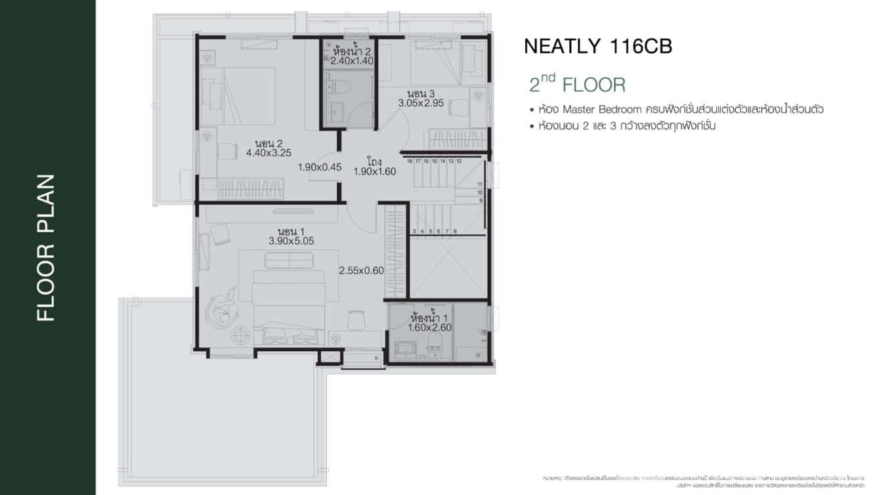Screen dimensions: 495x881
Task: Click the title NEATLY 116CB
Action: click(x=597, y=47)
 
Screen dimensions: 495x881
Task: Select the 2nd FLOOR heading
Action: click(x=577, y=85)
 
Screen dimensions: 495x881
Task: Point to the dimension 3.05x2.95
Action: click(x=421, y=103)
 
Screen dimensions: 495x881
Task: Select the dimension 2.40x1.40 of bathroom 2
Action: click(x=352, y=60)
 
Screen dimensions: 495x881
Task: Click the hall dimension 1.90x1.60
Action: click(x=376, y=171)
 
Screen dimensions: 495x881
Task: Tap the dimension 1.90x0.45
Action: click(x=320, y=167)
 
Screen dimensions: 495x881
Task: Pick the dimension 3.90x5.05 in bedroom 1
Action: click(x=291, y=241)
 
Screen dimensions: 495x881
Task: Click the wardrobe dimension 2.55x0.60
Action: click(x=361, y=270)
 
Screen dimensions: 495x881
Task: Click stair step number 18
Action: click(x=409, y=161)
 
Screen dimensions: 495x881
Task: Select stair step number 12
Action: click(x=459, y=161)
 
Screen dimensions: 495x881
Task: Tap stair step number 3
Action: click(x=414, y=231)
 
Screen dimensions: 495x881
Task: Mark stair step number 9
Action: click(x=481, y=200)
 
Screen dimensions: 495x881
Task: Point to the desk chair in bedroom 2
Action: click(x=226, y=152)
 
